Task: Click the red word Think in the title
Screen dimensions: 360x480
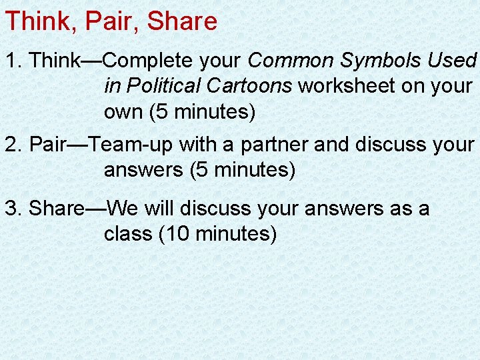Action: click(x=38, y=21)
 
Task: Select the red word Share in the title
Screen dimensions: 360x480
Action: click(x=182, y=21)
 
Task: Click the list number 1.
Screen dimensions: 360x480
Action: click(x=13, y=61)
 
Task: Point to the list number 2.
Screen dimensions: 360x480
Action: click(x=13, y=144)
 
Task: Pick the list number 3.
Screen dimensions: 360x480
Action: click(x=13, y=209)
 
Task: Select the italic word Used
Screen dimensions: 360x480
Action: click(x=452, y=61)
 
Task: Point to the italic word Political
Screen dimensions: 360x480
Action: click(x=161, y=87)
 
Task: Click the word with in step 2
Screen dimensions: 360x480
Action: click(x=208, y=144)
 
